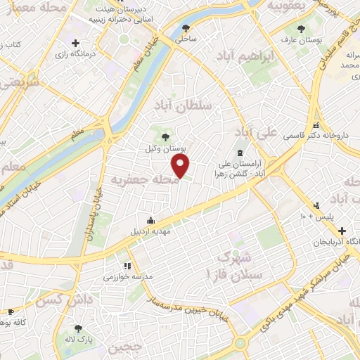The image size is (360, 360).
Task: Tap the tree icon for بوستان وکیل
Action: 165,137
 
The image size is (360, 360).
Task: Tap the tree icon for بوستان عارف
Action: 301,29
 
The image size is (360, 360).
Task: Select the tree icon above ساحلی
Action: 186,29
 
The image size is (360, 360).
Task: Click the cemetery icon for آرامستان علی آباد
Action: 240,153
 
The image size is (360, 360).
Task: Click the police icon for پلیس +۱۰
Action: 316,205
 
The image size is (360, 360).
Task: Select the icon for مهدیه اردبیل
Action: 150,220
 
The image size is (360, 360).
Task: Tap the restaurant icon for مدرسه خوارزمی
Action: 127,266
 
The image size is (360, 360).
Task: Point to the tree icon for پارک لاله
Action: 78,328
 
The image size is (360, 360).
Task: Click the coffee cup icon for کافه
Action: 11,311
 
